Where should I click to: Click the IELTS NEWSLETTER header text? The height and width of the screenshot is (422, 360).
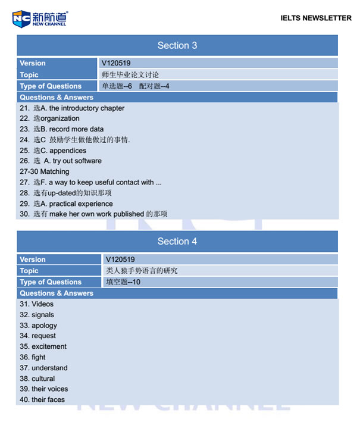315,18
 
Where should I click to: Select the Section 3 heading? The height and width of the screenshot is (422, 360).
177,46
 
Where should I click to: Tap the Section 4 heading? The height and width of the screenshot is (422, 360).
177,242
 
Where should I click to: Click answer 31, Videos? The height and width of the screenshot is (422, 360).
36,304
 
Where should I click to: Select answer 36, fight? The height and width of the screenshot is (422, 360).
32,357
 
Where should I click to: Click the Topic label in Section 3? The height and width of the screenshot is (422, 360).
29,75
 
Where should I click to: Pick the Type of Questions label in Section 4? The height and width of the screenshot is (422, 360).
51,282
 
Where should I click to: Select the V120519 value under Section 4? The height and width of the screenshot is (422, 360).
120,260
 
